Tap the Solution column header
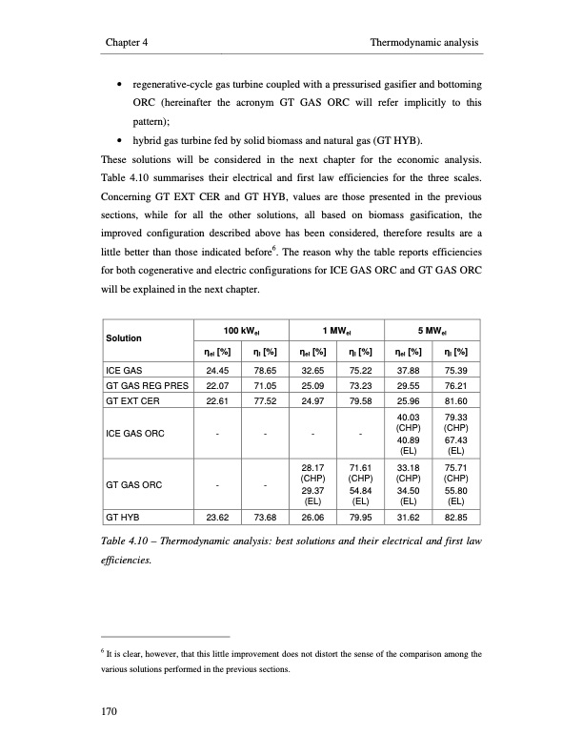(x=124, y=338)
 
